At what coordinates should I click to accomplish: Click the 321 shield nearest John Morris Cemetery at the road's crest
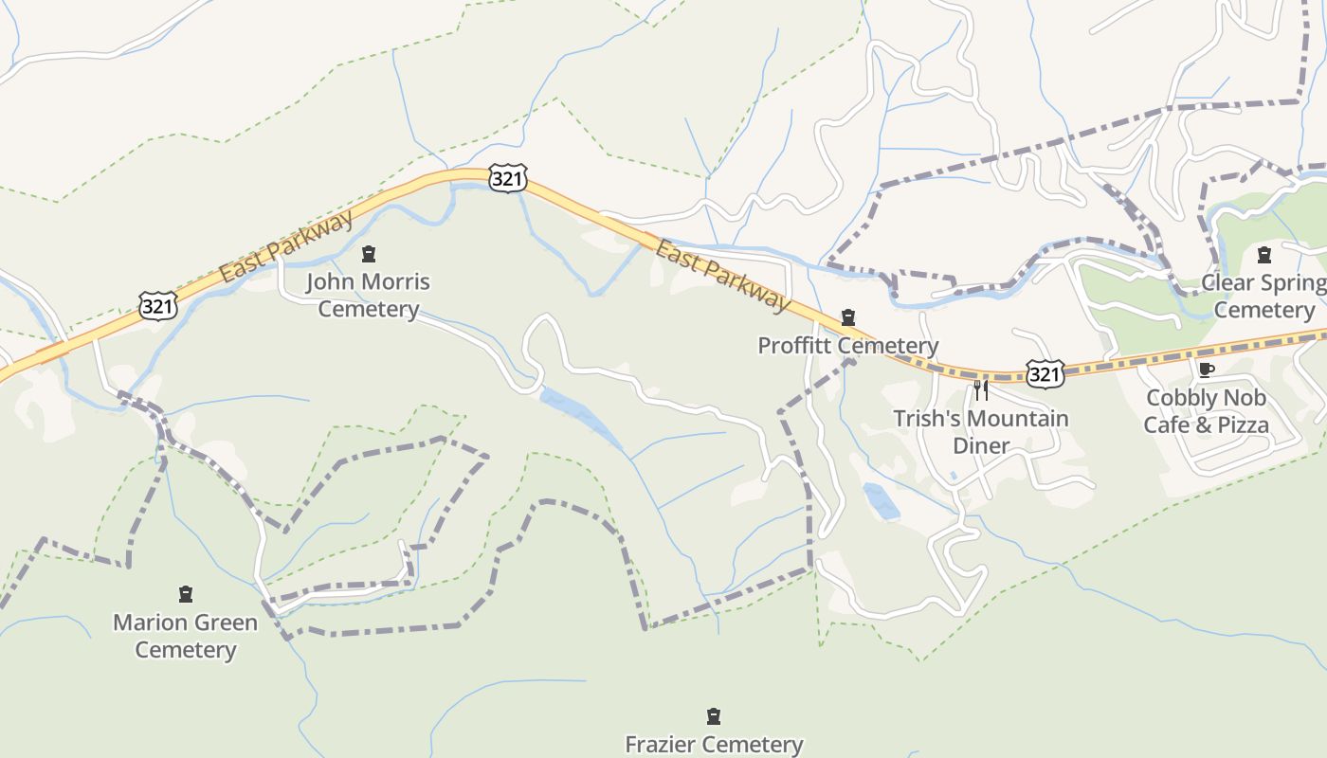pos(508,178)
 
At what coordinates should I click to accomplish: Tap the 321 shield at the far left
pos(156,305)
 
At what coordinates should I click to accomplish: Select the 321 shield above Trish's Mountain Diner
pos(1045,374)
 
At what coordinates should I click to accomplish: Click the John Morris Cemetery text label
pos(368,296)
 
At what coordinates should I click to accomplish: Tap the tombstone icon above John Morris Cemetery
pos(369,254)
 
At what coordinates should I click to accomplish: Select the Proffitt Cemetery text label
pos(847,346)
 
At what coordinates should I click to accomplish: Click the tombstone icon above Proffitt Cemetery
pos(848,317)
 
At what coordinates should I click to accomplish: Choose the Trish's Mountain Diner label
pos(981,432)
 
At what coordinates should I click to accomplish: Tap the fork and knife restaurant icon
pos(981,389)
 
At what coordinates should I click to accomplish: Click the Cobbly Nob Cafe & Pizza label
pos(1206,411)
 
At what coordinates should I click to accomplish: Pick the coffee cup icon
pos(1206,370)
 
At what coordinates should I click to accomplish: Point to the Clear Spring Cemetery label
pos(1264,297)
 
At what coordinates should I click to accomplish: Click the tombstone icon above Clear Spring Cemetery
pos(1263,254)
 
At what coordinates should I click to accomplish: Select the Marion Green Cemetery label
pos(185,636)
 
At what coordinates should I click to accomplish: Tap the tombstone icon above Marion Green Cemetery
pos(186,594)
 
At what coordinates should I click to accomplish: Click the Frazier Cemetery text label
pos(714,745)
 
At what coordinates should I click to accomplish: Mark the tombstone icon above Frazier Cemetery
pos(714,716)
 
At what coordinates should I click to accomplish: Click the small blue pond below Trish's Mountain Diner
pos(882,501)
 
